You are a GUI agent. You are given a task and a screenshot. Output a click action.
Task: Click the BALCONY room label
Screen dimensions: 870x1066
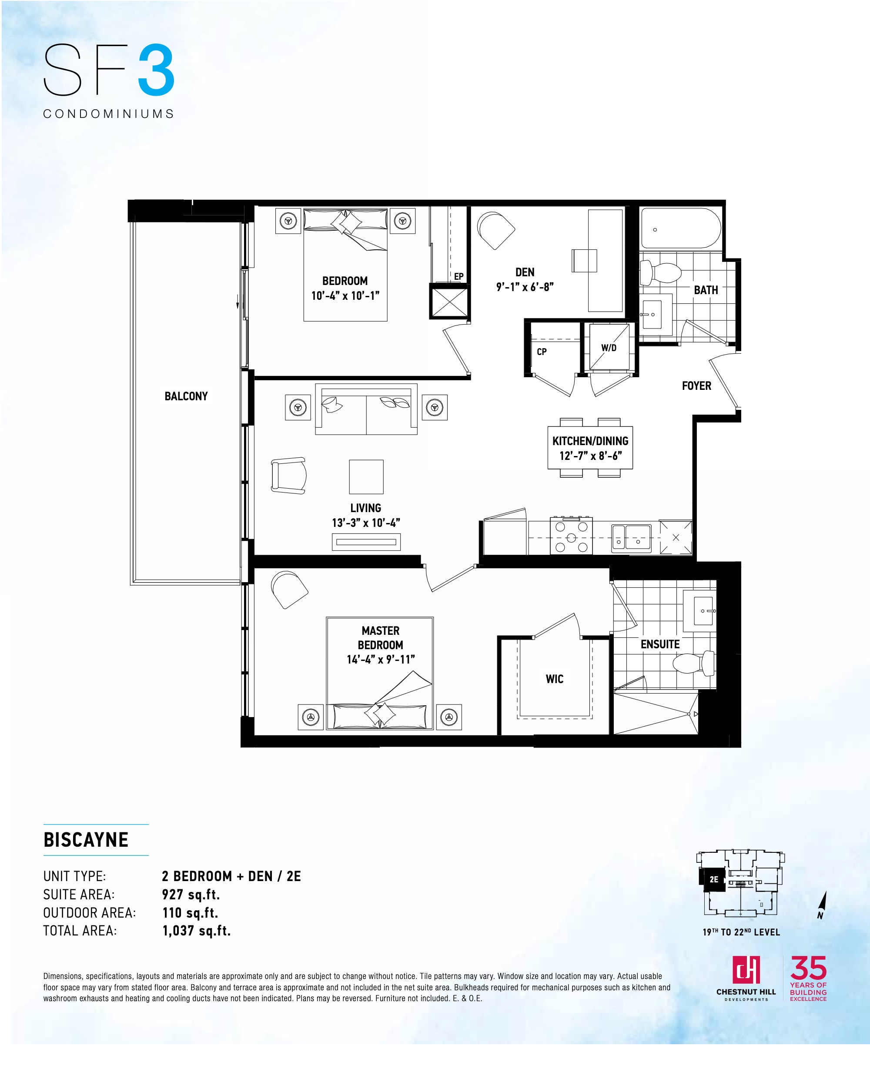click(186, 396)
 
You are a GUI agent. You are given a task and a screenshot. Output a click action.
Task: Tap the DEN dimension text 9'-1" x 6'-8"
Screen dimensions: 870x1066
click(525, 287)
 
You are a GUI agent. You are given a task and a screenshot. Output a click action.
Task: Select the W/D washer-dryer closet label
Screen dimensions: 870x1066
click(609, 348)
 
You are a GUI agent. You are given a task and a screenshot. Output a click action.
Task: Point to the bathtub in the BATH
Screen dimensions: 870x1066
click(681, 228)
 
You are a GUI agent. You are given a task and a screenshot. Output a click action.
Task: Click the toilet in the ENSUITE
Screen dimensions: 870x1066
click(694, 664)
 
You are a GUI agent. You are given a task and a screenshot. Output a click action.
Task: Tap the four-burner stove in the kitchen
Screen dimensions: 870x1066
click(571, 536)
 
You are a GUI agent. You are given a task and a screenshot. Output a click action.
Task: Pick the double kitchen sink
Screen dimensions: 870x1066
click(631, 539)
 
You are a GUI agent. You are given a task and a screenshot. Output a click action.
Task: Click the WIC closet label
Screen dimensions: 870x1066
click(554, 679)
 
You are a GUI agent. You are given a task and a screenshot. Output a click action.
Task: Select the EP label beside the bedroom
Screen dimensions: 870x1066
click(458, 276)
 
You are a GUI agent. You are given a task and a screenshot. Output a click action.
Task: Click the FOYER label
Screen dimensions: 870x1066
click(696, 386)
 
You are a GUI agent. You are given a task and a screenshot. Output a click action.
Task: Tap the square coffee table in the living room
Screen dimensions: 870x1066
click(366, 476)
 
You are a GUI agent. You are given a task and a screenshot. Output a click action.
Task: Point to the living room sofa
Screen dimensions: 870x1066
click(366, 409)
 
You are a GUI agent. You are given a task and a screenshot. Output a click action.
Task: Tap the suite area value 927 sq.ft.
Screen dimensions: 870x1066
click(191, 895)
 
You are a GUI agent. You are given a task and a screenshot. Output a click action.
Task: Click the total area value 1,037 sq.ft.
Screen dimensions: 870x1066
click(197, 931)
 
